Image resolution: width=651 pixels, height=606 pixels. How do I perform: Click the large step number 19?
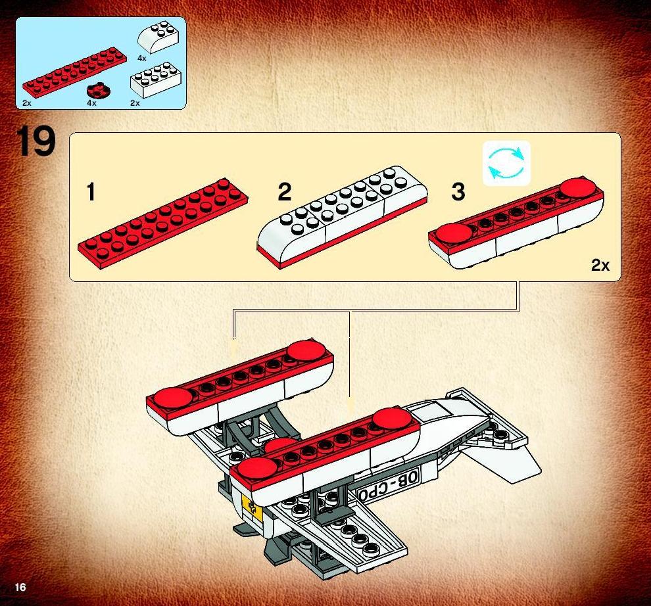36,141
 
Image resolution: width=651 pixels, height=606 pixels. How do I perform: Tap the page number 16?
20,587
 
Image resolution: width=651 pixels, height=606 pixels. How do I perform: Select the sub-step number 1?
91,192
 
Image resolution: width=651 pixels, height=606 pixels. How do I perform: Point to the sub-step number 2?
284,192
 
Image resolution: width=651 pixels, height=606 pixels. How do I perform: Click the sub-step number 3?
458,192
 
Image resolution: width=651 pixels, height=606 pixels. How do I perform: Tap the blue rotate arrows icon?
506,163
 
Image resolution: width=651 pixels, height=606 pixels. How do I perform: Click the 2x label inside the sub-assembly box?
600,266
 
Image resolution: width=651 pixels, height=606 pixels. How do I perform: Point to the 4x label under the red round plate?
92,103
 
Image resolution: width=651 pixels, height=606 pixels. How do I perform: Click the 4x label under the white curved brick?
142,58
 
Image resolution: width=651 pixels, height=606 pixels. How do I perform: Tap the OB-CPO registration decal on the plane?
388,485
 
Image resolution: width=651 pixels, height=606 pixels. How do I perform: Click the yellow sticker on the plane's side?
252,505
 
